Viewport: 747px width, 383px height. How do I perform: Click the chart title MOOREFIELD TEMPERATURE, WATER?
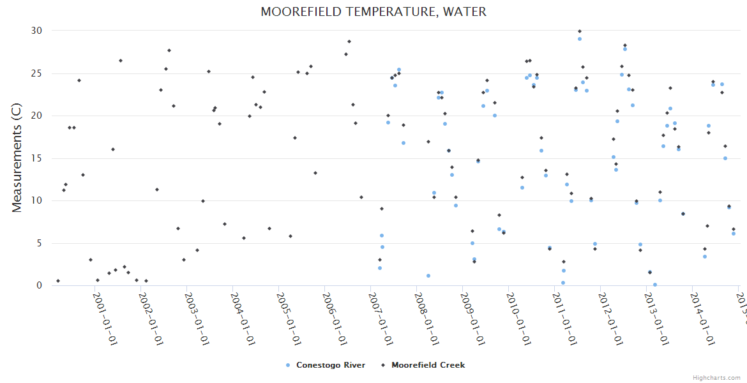(373, 12)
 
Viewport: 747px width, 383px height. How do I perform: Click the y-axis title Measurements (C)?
(17, 158)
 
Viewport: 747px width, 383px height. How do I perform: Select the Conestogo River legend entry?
(326, 365)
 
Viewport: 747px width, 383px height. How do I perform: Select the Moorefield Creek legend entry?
(423, 365)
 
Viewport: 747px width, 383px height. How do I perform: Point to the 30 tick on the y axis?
(36, 31)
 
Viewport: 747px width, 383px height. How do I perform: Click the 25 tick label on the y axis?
(36, 73)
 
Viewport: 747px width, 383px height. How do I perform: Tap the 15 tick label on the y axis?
(36, 158)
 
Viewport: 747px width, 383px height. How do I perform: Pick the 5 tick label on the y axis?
(39, 243)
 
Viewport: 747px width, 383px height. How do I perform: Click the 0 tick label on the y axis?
(39, 285)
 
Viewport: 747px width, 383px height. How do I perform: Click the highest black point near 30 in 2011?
(580, 31)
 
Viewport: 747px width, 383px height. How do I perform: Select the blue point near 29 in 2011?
(580, 39)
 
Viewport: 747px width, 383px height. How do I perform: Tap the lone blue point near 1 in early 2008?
(428, 276)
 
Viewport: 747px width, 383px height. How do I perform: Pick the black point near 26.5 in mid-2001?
(121, 61)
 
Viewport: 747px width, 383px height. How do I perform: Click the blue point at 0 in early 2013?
(655, 285)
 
